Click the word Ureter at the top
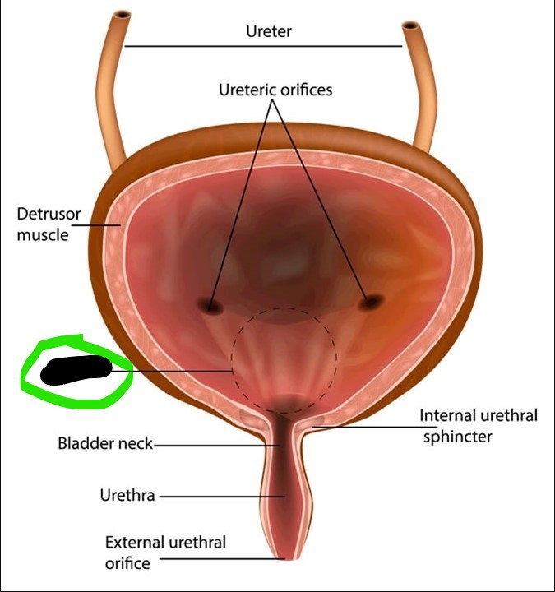[269, 32]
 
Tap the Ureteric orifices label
[276, 89]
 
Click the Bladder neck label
[105, 444]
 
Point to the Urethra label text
[127, 496]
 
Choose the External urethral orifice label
[164, 553]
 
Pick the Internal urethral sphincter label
[479, 425]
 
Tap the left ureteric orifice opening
[213, 306]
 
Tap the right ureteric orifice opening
[371, 302]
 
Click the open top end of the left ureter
[122, 16]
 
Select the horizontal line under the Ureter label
[263, 46]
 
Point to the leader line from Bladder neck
[214, 445]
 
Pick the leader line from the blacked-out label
[173, 371]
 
